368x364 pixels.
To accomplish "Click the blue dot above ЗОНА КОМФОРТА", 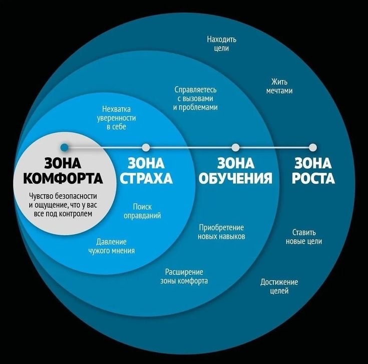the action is point(64,147).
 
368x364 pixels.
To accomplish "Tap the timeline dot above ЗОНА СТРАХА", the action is point(146,147).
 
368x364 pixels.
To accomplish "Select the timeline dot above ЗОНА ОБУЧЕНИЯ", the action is point(235,147).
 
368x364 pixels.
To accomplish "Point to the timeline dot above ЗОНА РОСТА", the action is point(313,147).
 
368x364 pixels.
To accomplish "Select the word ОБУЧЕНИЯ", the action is point(235,179).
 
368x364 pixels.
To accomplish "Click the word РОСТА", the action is point(313,179).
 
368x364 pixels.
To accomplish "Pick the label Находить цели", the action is point(221,44).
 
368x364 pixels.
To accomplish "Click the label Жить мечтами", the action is point(279,86).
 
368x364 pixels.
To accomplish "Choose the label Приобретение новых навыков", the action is point(221,231).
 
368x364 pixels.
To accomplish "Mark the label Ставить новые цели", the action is point(303,237).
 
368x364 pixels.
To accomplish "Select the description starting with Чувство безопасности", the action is point(63,204).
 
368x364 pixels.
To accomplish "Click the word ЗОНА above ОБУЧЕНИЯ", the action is point(235,163).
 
